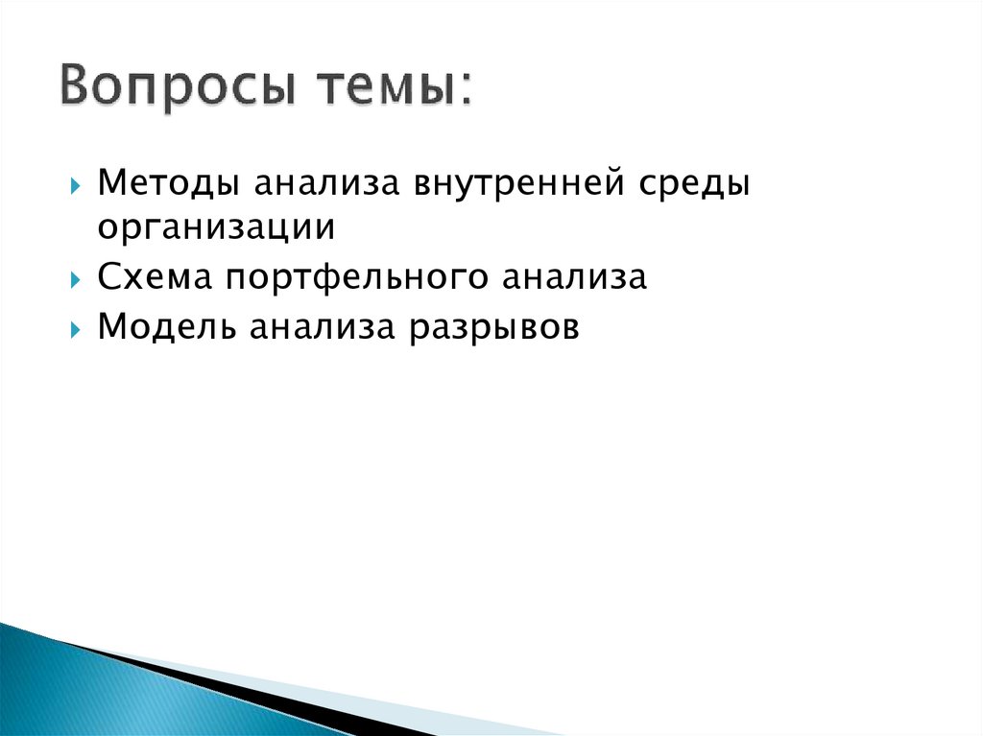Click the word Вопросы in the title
point(175,90)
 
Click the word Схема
point(156,279)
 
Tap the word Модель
point(167,328)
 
